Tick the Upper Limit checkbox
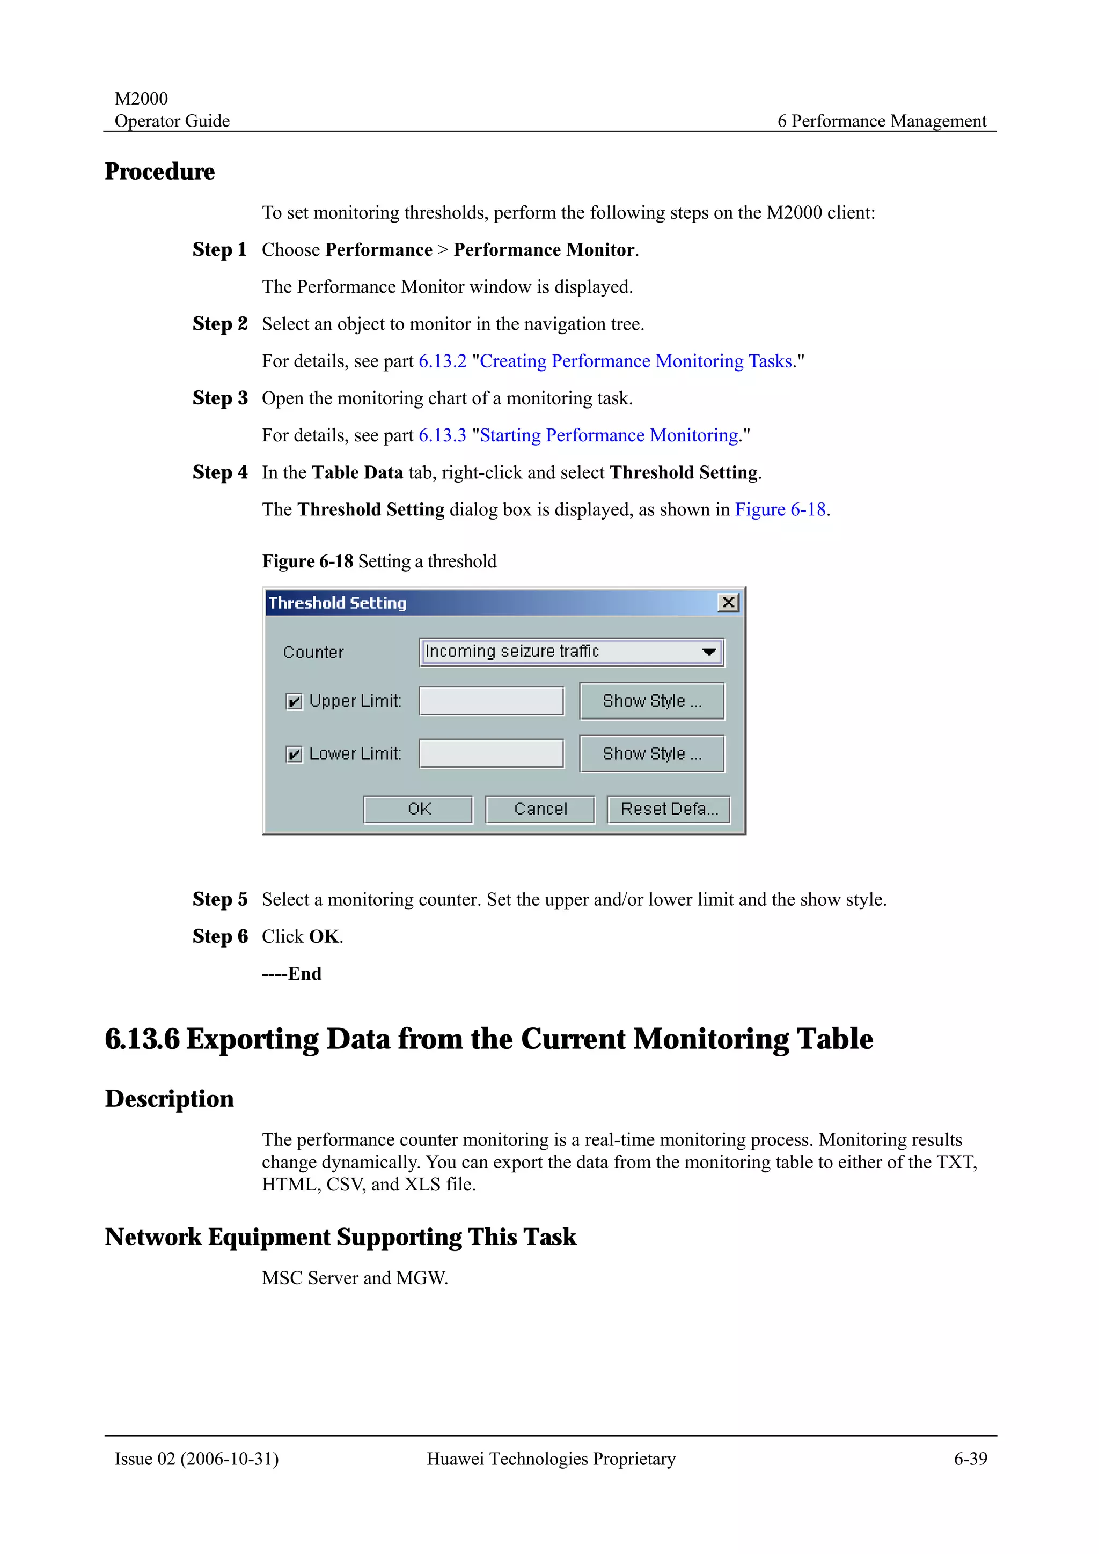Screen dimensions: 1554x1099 point(294,702)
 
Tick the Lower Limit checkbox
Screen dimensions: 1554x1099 point(294,754)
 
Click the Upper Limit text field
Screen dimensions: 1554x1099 point(491,701)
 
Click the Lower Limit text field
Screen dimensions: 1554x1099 point(491,753)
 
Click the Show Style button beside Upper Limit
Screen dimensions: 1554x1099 point(651,701)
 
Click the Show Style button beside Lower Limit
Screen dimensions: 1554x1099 point(651,753)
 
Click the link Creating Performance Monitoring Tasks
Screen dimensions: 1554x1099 point(635,361)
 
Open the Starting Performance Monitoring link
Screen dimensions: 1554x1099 point(608,435)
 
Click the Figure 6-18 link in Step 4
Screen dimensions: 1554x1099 point(780,509)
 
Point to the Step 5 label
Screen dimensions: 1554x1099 point(219,899)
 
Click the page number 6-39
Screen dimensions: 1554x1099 point(970,1459)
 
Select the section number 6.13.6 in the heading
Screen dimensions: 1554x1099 point(142,1039)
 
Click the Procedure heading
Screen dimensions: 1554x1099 point(160,172)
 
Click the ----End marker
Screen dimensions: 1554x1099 point(291,974)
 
